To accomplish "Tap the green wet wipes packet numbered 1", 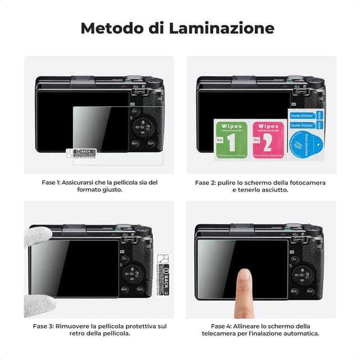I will coord(227,139).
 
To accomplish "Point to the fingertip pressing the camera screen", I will coord(244,276).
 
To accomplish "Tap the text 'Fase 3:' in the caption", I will coord(43,326).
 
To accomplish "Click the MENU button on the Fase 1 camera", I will coord(135,143).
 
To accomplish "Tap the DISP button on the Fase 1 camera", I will coord(151,143).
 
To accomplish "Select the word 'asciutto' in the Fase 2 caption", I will coord(274,190).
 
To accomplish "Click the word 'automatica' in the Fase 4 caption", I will coord(301,334).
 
